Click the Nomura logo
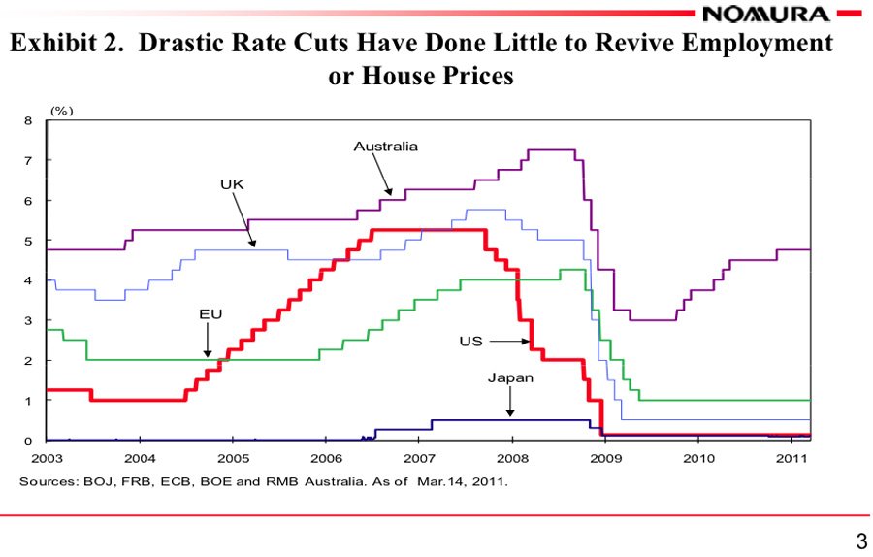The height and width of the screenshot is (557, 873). [766, 14]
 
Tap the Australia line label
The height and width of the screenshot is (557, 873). [385, 147]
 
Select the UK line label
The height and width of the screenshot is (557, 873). [232, 183]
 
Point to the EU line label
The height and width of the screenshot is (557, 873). [210, 314]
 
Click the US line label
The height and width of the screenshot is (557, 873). [471, 342]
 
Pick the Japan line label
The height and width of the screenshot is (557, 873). [510, 377]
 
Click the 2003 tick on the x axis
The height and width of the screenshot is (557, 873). [47, 457]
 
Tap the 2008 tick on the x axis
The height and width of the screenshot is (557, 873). [512, 457]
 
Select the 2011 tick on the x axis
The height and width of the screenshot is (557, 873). [792, 457]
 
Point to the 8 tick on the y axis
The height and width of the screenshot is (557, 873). [28, 121]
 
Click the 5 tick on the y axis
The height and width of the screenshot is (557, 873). [28, 241]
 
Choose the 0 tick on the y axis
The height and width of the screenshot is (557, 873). [28, 442]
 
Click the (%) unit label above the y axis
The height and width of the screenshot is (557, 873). [61, 111]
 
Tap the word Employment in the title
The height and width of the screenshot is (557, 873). [754, 44]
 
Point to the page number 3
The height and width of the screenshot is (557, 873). [858, 540]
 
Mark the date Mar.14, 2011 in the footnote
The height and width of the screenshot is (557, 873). [463, 480]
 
